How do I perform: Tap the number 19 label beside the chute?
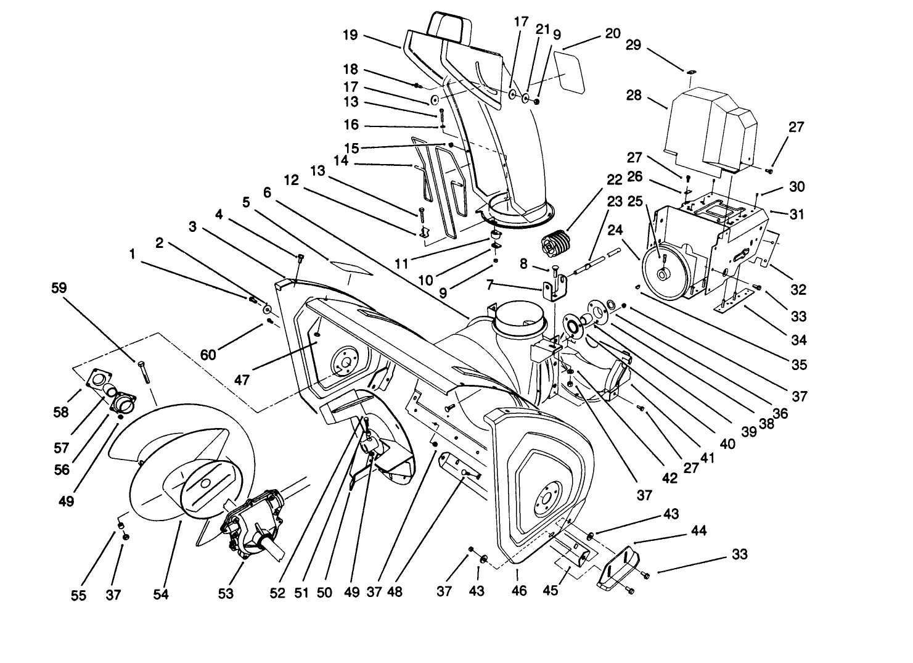coord(350,35)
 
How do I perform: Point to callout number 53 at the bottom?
coord(226,593)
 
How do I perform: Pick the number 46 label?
coord(520,590)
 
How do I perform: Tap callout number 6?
coord(266,192)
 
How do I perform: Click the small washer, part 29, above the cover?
coord(692,73)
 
